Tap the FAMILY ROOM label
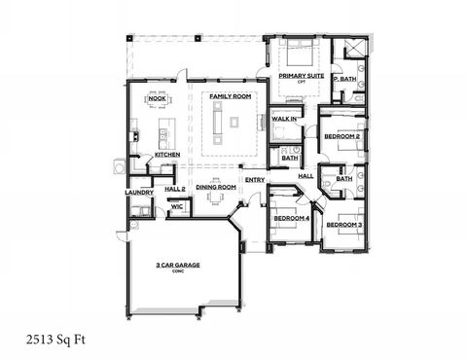click(x=231, y=97)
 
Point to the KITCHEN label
click(x=166, y=156)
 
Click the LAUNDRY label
click(x=139, y=192)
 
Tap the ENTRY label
click(x=256, y=179)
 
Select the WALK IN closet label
click(x=284, y=119)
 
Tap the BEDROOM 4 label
click(x=291, y=218)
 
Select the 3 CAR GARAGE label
click(x=177, y=265)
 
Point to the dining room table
click(x=217, y=199)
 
